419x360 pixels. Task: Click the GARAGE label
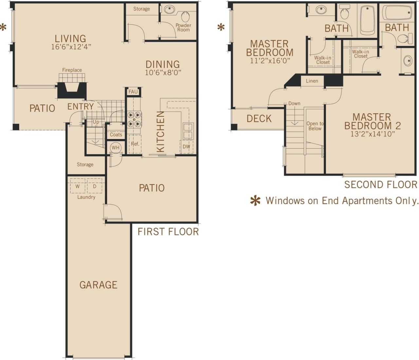(x=98, y=285)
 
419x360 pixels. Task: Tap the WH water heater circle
(x=116, y=147)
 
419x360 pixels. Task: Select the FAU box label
(x=133, y=92)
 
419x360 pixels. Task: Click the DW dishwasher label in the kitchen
(x=186, y=146)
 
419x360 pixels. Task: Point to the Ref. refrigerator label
(x=135, y=144)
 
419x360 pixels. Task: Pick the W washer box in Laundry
(x=78, y=186)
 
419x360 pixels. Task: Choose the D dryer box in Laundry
(x=95, y=186)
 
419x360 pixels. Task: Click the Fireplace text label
(x=72, y=70)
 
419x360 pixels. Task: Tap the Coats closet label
(x=116, y=135)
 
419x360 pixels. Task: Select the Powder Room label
(x=183, y=28)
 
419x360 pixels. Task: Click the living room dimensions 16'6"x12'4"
(x=71, y=47)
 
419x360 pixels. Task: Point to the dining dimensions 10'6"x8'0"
(x=163, y=73)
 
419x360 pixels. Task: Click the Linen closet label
(x=312, y=81)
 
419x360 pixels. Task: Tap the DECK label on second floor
(x=259, y=119)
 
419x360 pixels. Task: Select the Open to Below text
(x=315, y=126)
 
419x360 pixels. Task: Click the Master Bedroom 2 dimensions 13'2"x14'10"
(x=373, y=134)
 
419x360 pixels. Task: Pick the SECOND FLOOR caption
(x=381, y=185)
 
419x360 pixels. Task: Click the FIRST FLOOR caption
(x=168, y=232)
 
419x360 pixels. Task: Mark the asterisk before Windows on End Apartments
(x=255, y=201)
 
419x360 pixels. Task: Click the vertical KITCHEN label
(x=160, y=132)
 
